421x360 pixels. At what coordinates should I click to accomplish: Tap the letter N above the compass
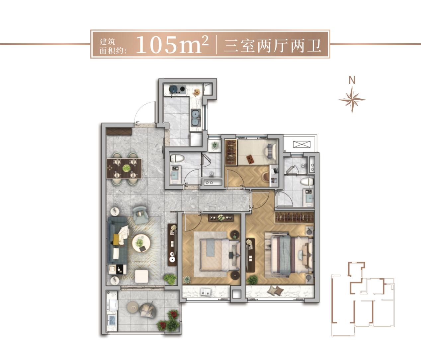click(352, 80)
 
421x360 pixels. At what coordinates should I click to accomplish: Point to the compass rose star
click(352, 99)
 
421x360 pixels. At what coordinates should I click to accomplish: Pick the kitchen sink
click(196, 116)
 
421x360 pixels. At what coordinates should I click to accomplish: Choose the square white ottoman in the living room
click(142, 276)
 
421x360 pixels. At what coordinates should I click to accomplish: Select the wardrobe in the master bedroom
click(294, 217)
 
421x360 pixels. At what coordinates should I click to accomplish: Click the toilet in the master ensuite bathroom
click(307, 181)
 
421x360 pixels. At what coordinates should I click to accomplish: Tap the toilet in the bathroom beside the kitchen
click(176, 158)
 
